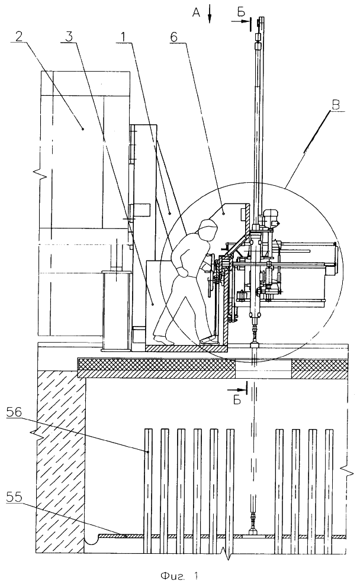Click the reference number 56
pyautogui.click(x=14, y=412)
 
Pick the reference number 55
pyautogui.click(x=14, y=498)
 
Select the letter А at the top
pyautogui.click(x=196, y=13)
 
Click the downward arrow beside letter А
pyautogui.click(x=210, y=16)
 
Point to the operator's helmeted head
pyautogui.click(x=208, y=228)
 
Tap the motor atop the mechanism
pyautogui.click(x=271, y=218)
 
